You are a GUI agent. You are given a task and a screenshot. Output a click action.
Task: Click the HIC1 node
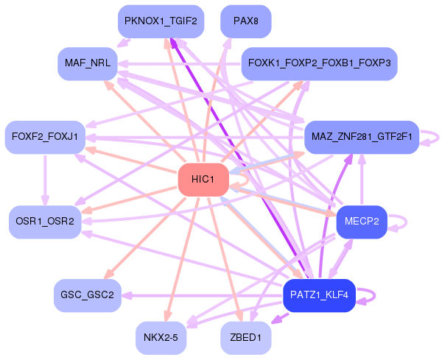tap(202, 180)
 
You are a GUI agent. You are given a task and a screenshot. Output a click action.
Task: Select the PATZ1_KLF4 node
tap(319, 295)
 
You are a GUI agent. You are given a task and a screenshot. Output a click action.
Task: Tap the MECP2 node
tap(361, 222)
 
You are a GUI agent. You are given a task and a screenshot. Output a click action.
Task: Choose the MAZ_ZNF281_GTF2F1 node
tap(361, 137)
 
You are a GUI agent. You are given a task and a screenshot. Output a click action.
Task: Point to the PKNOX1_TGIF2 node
tap(160, 21)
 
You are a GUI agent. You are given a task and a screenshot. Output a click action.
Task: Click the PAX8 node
tap(245, 21)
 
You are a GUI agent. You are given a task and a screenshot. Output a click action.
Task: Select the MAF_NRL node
tap(87, 63)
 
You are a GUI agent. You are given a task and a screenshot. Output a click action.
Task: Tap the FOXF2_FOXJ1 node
tap(45, 137)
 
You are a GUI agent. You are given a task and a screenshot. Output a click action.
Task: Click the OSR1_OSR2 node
tap(45, 222)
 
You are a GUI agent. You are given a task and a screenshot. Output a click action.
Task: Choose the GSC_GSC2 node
tap(87, 295)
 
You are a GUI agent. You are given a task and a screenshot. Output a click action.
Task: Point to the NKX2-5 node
tap(160, 338)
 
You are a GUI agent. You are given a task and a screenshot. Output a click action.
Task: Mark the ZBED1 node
tap(245, 338)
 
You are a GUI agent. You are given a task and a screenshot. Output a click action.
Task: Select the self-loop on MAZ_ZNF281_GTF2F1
tap(436, 137)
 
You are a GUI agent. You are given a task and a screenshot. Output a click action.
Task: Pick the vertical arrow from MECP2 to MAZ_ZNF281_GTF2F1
tap(361, 180)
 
